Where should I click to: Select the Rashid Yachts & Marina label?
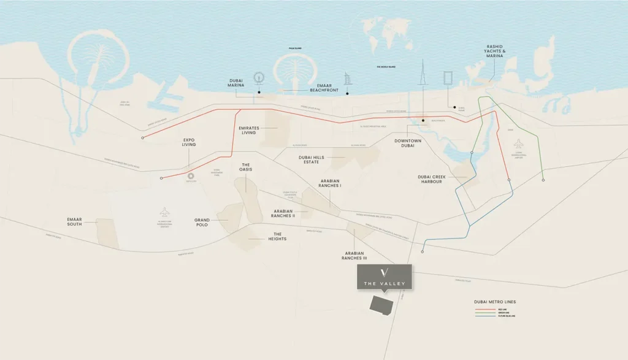coord(494,51)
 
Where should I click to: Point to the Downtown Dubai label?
coord(408,143)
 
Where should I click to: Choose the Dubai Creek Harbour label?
coord(434,179)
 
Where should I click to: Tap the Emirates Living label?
coord(249,130)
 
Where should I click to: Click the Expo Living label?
coord(189,143)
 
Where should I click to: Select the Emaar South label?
coord(74,221)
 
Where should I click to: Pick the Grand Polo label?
coord(202,221)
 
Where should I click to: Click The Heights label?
coord(277,236)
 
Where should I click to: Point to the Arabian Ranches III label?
coord(354,256)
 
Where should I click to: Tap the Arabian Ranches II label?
coord(284,213)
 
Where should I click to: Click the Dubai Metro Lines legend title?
coord(494,302)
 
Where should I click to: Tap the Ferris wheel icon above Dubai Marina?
coord(259,78)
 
